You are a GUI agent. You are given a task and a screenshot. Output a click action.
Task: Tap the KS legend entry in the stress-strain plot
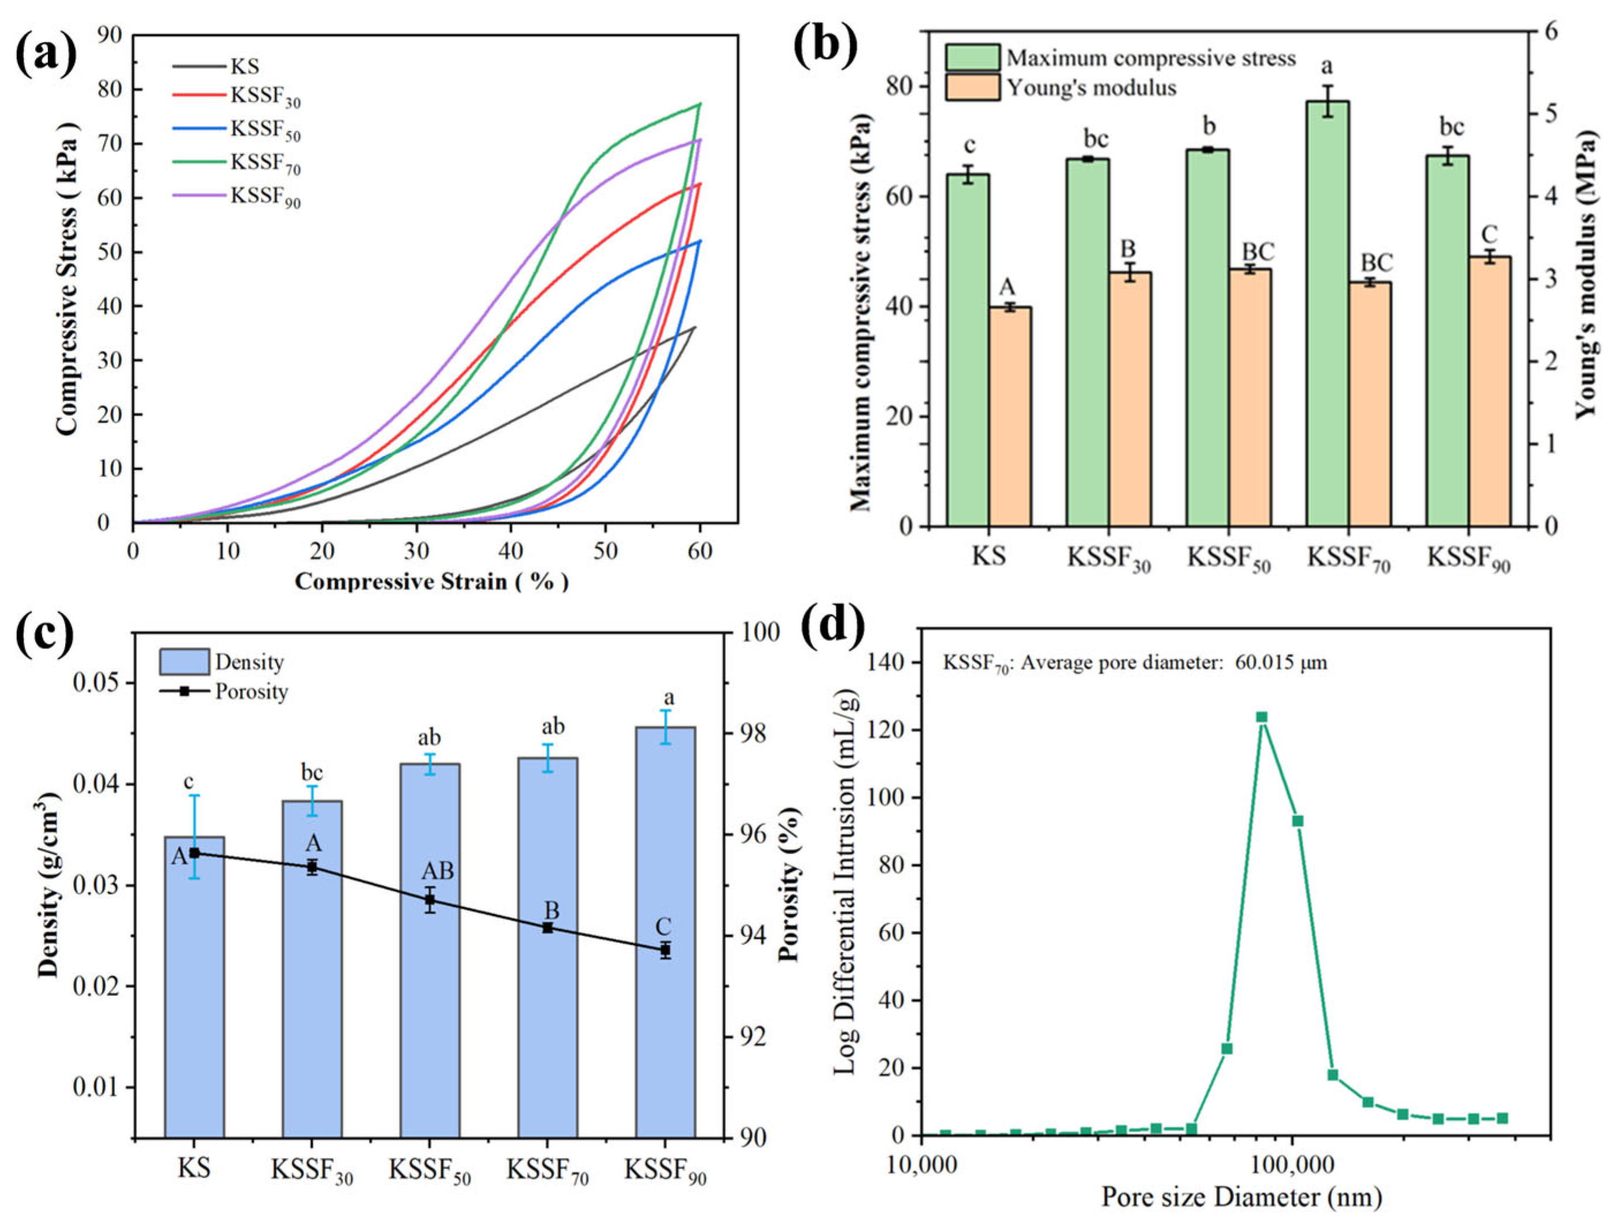coord(216,67)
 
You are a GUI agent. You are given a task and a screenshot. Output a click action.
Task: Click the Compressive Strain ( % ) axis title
coord(432,582)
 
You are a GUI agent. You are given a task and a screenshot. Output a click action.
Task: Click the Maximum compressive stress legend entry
coord(1120,58)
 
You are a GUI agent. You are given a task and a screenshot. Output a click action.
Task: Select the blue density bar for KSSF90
coord(665,931)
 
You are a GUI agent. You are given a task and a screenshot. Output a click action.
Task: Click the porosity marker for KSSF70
coord(547,928)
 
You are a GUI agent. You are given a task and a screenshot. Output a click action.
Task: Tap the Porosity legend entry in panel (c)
coord(224,691)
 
